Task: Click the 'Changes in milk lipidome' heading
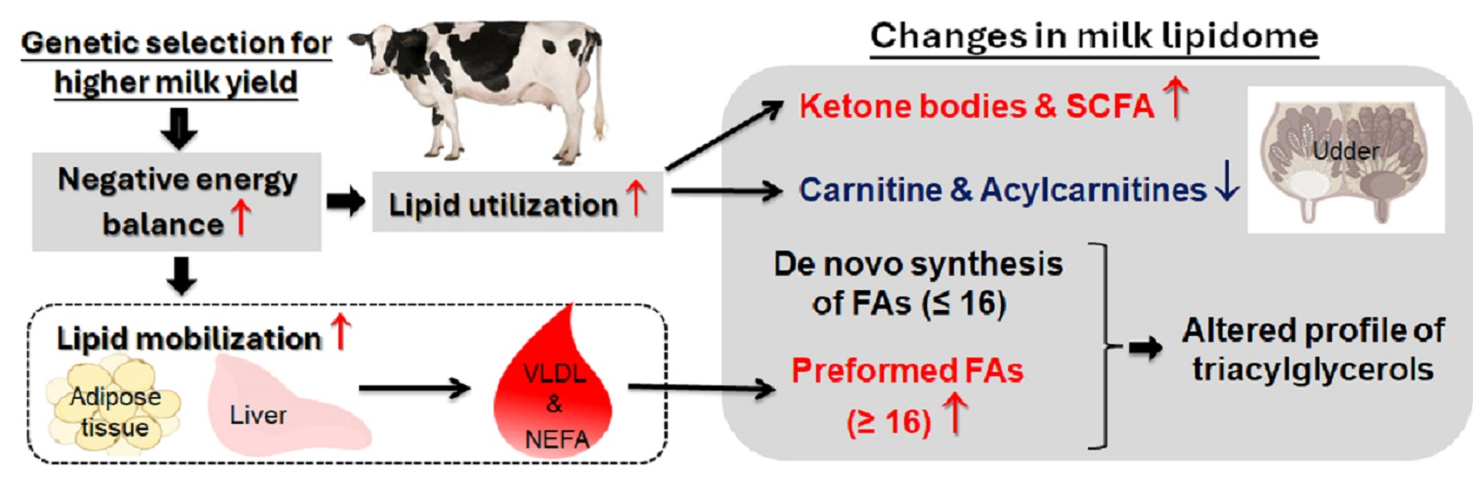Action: point(1093,37)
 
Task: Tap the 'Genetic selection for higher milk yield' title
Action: point(176,62)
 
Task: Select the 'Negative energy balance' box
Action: point(176,201)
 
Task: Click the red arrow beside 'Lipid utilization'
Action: point(636,199)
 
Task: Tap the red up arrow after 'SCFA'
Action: point(1176,99)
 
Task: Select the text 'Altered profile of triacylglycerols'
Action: point(1312,349)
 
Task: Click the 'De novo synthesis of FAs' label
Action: point(917,283)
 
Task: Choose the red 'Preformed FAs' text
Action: point(907,370)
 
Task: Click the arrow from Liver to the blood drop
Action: point(414,388)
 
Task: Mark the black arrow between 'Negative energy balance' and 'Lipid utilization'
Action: point(345,202)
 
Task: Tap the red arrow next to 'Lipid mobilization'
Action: point(340,331)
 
